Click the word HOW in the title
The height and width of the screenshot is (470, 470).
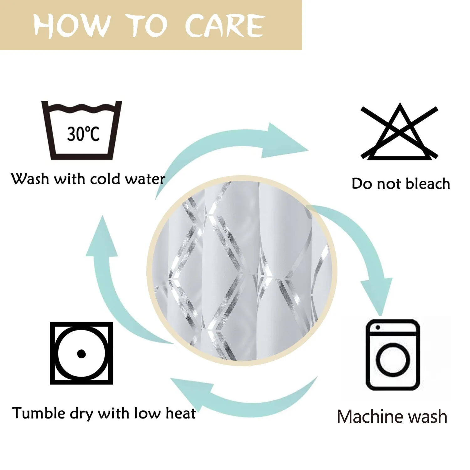(72, 25)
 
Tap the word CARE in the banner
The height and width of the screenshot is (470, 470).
(225, 25)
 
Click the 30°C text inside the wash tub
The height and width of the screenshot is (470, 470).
(83, 134)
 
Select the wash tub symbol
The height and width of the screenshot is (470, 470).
(81, 130)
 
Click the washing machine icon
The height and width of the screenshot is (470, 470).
(393, 355)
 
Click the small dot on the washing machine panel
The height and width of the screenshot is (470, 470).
(378, 327)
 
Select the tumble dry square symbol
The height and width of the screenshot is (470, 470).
(81, 353)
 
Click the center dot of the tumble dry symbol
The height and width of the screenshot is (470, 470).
(81, 353)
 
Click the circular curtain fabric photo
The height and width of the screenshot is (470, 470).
(242, 271)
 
